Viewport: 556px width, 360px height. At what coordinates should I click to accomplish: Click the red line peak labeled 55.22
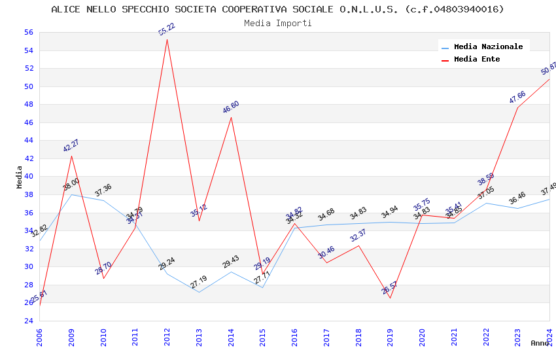point(167,39)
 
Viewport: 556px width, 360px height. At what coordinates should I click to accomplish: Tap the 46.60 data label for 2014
point(231,107)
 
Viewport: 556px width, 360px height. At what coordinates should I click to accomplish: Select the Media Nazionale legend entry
point(488,47)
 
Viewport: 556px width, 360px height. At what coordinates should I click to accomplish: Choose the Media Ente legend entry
point(477,60)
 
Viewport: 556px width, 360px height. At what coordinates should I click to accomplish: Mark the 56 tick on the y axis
point(28,33)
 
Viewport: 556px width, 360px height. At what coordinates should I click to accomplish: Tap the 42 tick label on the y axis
point(28,158)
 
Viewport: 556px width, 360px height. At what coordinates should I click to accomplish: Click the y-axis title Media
point(20,177)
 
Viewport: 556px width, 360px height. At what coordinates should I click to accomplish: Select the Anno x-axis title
point(540,343)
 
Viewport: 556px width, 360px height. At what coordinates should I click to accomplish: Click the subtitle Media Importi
point(278,24)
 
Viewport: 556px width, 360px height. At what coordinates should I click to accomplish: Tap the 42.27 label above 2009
point(71,145)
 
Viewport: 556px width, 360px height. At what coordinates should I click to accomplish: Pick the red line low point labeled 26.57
point(391,298)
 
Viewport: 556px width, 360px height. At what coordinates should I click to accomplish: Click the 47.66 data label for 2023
point(517,98)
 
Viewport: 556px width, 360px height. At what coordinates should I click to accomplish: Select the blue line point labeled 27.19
point(199,292)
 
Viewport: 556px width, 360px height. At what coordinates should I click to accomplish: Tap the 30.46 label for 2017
point(326,253)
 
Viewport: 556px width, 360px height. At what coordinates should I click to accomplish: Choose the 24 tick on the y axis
point(28,321)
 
